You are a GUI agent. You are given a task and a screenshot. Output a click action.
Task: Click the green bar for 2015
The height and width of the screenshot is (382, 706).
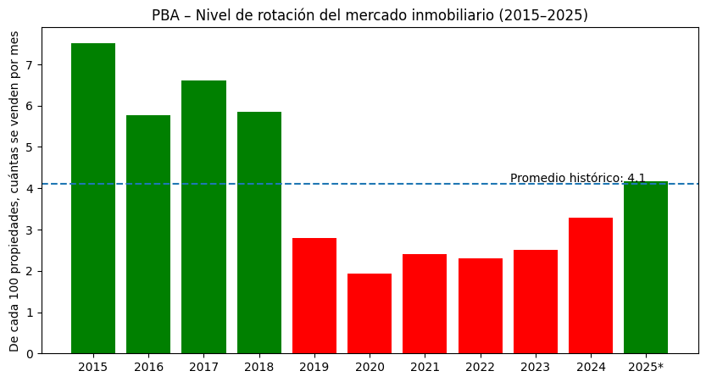coord(93,198)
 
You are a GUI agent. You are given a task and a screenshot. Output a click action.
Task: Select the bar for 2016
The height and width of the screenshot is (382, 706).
coord(148,235)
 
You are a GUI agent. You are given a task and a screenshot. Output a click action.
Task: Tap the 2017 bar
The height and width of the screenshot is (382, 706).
coord(203,217)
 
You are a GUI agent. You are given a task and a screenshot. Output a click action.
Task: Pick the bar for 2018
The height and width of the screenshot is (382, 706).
coord(259,233)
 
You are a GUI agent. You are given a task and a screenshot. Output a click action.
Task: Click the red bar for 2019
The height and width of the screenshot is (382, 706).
coord(314,296)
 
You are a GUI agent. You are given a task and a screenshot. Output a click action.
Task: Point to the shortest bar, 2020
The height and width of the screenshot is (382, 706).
coord(370,313)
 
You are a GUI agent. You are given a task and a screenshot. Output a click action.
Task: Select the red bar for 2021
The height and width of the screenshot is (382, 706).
coord(425,304)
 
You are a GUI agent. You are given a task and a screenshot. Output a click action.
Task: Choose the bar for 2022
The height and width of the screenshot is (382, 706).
coord(481,306)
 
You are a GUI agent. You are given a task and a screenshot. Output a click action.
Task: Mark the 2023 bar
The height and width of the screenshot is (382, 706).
coord(536,302)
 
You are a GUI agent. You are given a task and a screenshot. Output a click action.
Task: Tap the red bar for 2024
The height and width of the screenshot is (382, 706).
coord(591,285)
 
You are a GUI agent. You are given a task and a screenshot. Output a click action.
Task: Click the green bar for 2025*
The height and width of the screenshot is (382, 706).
coord(646,268)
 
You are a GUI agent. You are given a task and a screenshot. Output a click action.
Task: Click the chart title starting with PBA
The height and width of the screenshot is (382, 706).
coord(370,15)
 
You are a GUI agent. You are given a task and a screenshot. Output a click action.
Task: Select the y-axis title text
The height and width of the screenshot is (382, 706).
coord(15,191)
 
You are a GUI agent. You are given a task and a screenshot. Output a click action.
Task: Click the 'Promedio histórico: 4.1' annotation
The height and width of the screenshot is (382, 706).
coord(577,178)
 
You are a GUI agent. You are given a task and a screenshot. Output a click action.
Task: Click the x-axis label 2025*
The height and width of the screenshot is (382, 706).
coord(646,367)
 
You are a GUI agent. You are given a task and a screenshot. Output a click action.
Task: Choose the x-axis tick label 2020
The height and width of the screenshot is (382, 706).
coord(370,367)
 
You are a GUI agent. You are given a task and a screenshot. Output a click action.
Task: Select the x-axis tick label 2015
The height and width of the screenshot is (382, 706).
coord(93,367)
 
